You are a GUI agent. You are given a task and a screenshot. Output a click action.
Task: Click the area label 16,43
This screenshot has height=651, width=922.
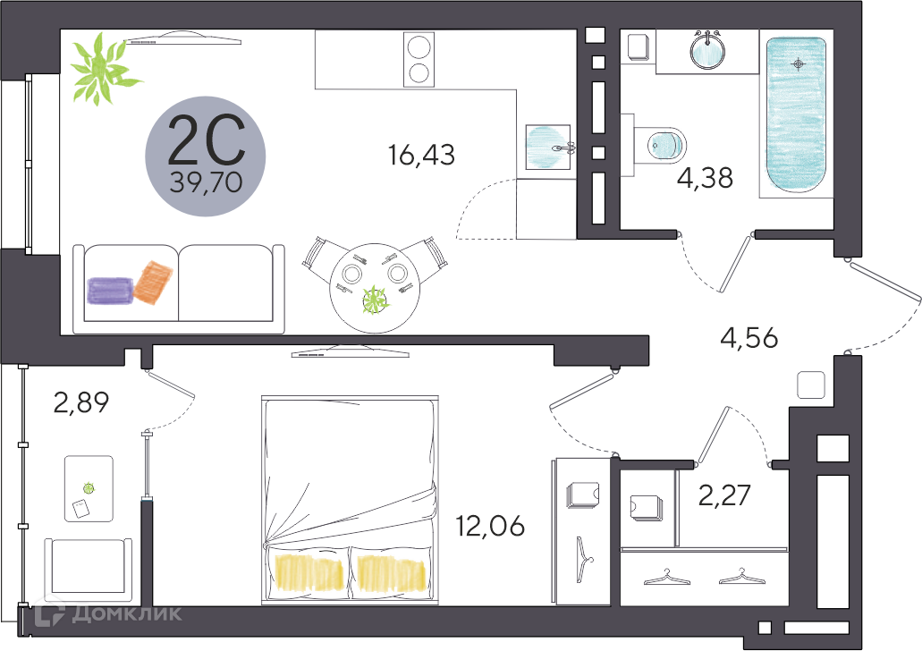421,156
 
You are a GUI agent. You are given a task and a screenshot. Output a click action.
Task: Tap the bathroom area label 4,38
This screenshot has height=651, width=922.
705,179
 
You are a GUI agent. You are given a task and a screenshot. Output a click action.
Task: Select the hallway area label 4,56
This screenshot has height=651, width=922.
749,338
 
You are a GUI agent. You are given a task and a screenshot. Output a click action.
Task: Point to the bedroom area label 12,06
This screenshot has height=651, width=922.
490,525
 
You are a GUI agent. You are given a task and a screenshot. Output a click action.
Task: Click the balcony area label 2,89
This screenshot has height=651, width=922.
80,403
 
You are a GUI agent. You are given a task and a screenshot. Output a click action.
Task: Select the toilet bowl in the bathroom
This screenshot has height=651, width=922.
664,143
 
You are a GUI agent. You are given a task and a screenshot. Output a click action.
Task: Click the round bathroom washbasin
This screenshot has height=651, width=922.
710,49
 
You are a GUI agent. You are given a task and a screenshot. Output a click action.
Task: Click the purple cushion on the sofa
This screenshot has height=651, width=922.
109,292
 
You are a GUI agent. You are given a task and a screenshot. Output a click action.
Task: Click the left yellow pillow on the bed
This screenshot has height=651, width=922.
309,572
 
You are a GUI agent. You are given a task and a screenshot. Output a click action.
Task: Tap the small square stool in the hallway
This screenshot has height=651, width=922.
810,385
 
